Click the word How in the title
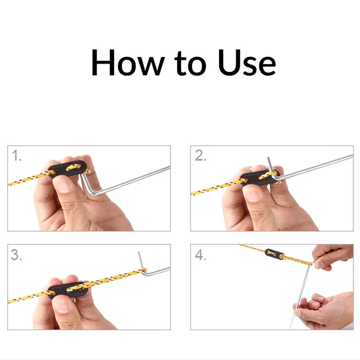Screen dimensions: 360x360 point(128,62)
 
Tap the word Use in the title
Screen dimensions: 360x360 point(247,62)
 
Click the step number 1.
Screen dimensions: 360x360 point(16,155)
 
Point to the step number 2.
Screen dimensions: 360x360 point(200,155)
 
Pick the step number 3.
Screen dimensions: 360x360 point(16,255)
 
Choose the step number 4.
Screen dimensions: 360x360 point(200,255)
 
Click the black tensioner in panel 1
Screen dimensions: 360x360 point(68,169)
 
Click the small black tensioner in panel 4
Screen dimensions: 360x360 point(274,254)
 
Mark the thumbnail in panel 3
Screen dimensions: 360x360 point(61,306)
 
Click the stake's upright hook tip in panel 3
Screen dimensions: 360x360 point(139,253)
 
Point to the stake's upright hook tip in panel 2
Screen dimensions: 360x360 point(268,158)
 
